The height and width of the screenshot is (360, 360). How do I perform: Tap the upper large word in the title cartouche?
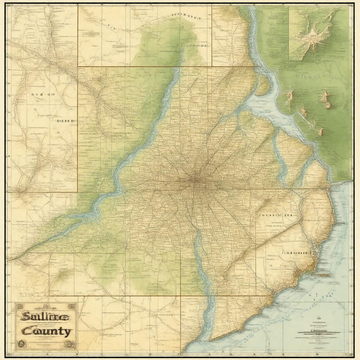coord(44,316)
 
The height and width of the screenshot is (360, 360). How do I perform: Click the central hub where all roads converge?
coord(195,181)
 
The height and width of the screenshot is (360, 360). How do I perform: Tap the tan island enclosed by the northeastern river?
coord(262,86)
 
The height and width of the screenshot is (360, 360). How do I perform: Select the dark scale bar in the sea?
coord(319,333)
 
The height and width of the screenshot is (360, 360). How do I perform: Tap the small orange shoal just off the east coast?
coord(324,275)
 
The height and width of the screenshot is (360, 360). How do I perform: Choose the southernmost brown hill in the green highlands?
coord(321,132)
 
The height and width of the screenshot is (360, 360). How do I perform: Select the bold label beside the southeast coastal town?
coord(297,252)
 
